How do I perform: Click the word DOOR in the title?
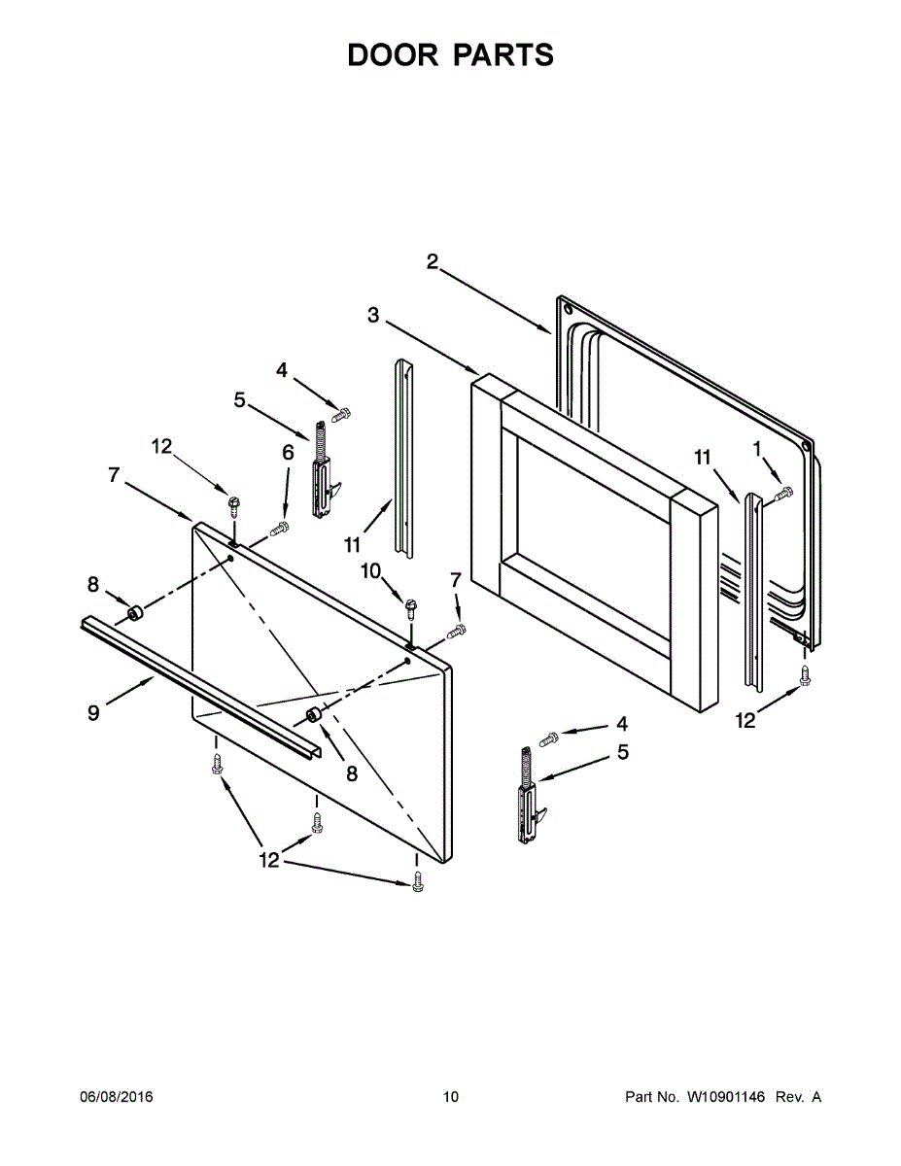pos(393,55)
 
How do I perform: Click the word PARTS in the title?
pos(502,55)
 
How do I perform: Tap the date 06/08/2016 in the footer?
pos(116,1097)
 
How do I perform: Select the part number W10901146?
pos(726,1097)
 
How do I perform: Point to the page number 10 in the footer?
pos(450,1097)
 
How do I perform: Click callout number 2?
pos(433,260)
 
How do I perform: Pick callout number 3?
pos(373,314)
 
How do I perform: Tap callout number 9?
pos(93,712)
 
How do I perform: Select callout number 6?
pos(288,452)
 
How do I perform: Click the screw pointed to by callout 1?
pos(783,495)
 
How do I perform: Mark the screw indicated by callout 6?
pos(280,529)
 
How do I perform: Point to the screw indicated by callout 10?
pos(412,608)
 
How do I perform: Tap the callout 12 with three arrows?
pos(268,859)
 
